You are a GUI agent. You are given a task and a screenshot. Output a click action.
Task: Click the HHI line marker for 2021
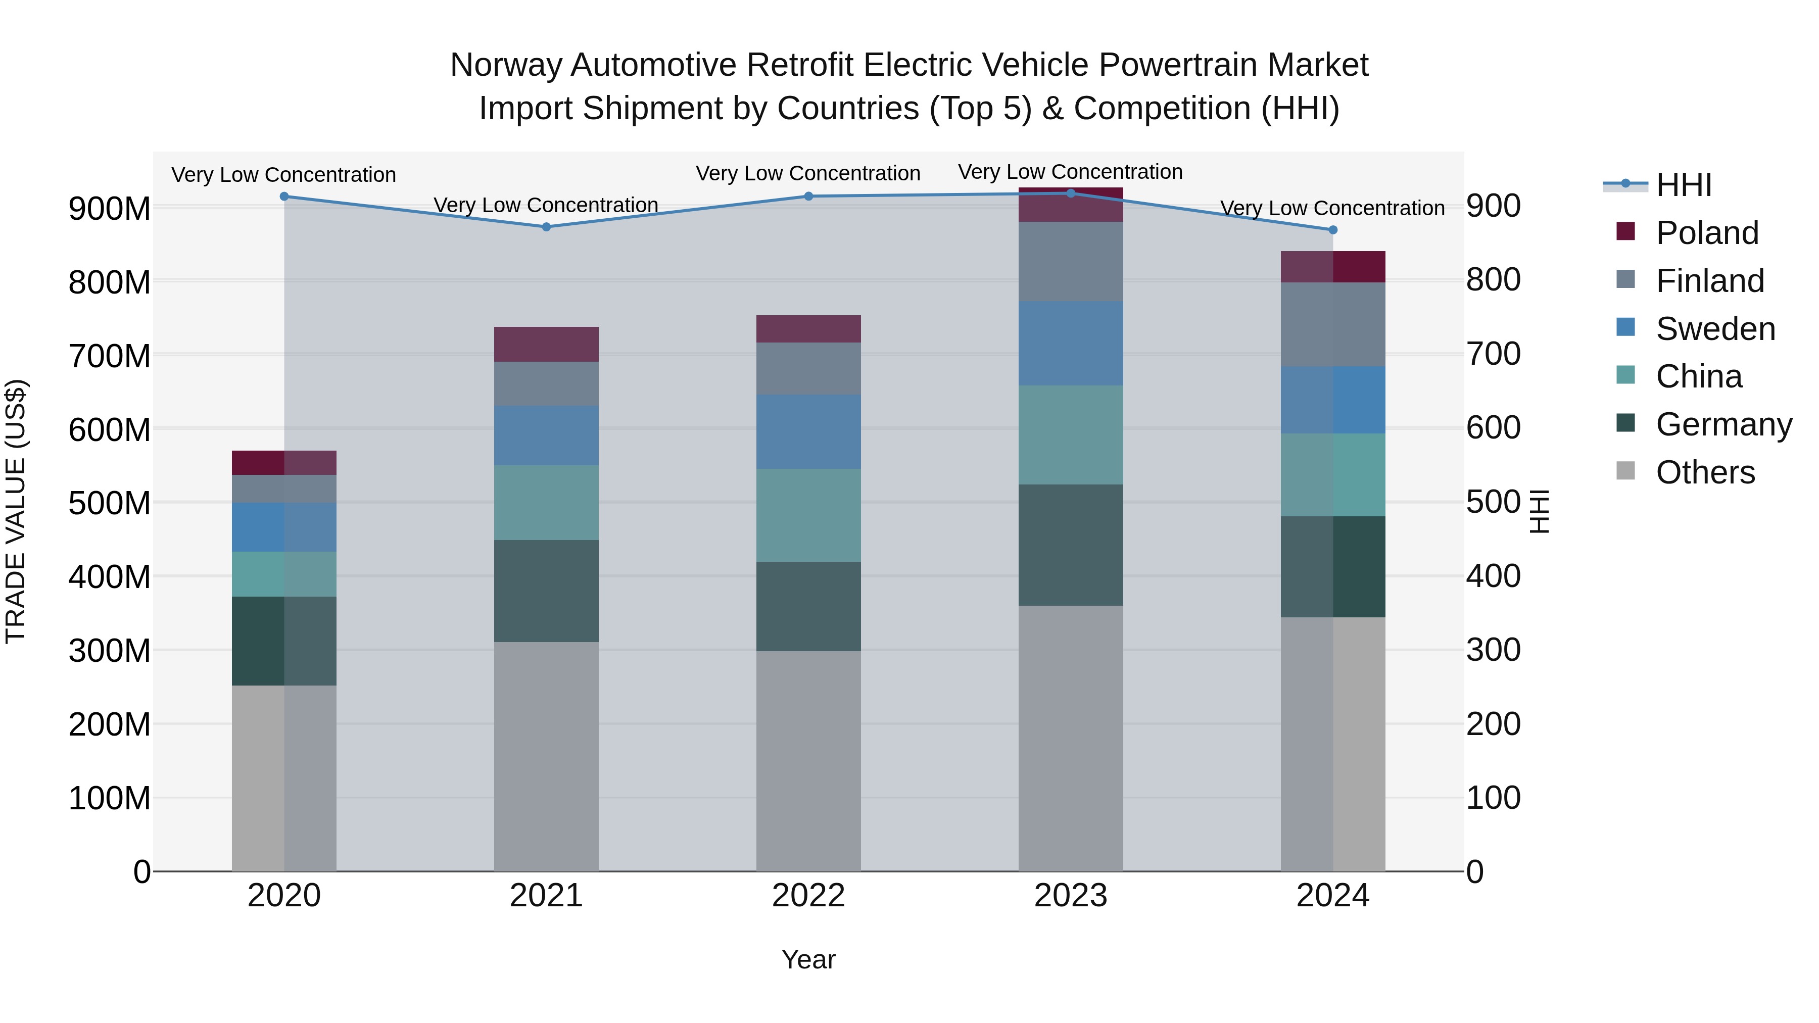point(546,227)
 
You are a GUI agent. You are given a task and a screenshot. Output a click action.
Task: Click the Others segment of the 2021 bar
point(546,755)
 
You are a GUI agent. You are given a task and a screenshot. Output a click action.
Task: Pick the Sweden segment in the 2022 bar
point(808,431)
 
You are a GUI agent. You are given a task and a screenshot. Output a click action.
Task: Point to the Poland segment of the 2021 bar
point(546,344)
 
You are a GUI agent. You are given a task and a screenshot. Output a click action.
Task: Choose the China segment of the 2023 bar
point(1071,435)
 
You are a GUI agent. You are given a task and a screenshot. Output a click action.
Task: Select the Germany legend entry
point(1723,424)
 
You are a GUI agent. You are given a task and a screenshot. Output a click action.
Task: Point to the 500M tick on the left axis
point(110,503)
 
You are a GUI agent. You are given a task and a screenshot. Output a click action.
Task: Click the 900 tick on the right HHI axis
point(1493,206)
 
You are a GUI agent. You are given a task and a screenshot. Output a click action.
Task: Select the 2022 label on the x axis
point(808,896)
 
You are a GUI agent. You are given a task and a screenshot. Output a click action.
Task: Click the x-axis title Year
point(808,959)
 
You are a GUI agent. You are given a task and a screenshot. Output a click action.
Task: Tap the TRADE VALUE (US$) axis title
point(16,511)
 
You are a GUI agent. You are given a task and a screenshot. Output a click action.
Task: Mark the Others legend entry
point(1705,472)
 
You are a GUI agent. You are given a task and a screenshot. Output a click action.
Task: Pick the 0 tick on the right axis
point(1475,872)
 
